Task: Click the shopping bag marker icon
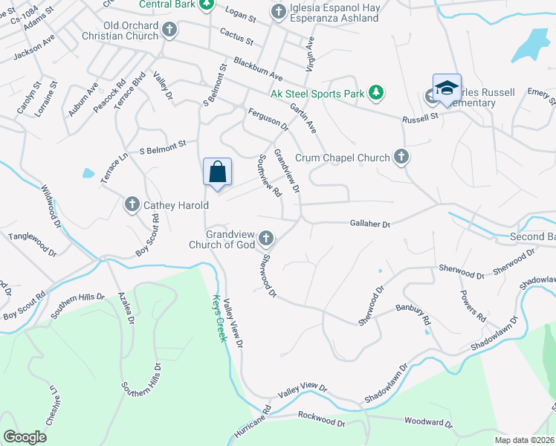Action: pos(217,172)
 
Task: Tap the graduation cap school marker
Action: pos(447,88)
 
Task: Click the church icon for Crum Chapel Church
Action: pos(401,157)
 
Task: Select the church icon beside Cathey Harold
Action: pos(133,204)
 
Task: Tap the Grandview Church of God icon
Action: pos(266,239)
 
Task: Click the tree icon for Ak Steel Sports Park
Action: pos(377,94)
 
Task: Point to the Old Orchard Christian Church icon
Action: pos(169,30)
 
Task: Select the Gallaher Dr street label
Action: pos(370,223)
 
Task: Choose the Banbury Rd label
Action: pos(413,313)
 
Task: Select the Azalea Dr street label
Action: pos(125,308)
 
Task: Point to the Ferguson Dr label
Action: pos(268,120)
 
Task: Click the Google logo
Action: pos(25,436)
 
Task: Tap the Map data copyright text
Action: pos(525,439)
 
